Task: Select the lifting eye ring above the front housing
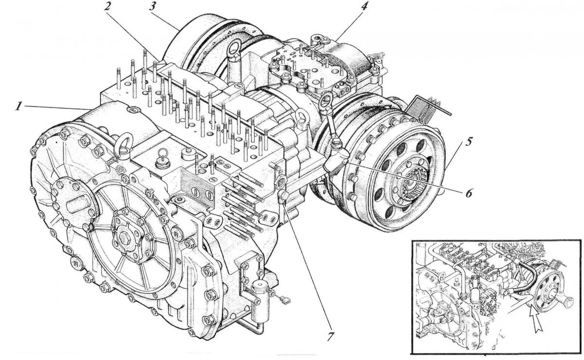click(122, 144)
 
